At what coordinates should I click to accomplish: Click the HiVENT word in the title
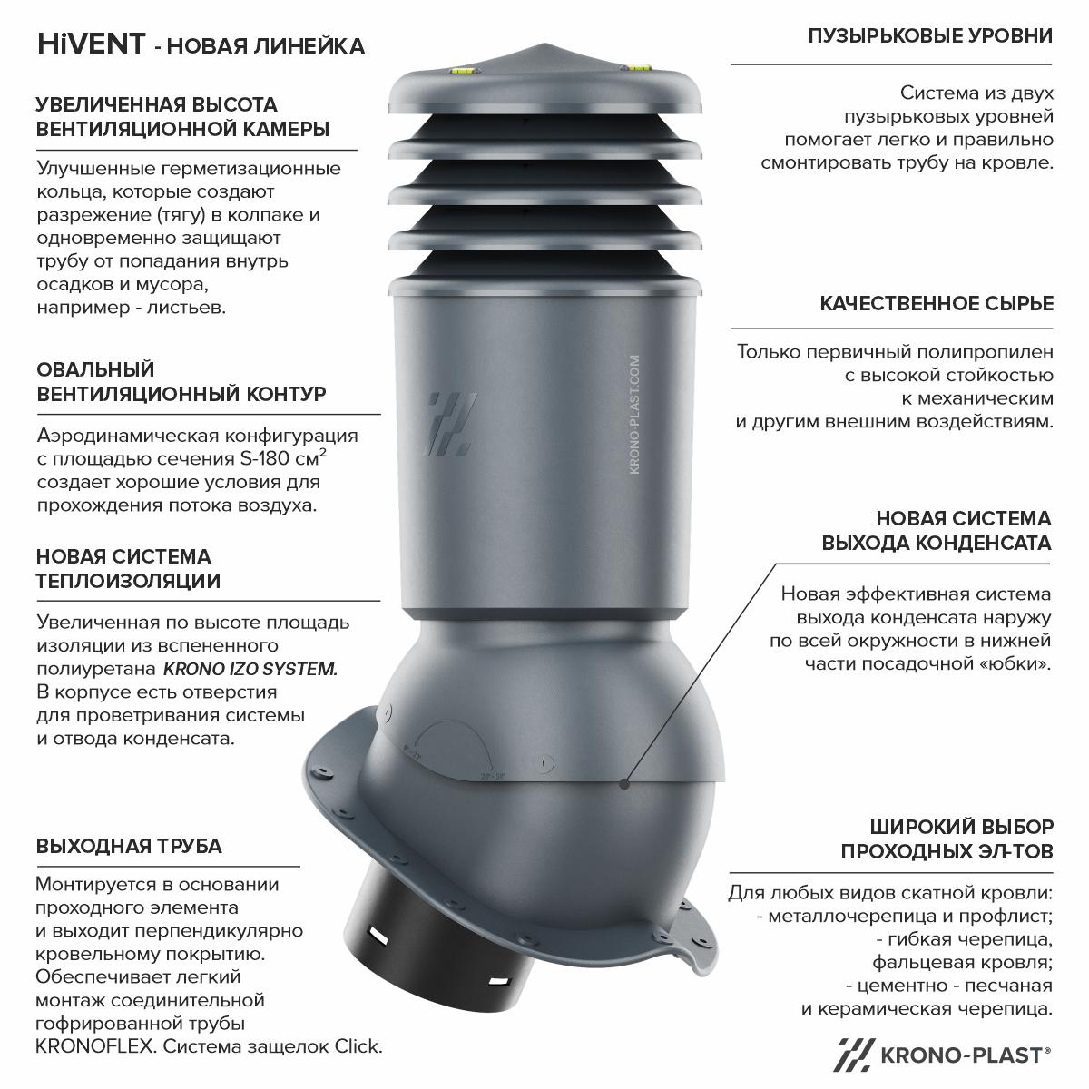click(92, 44)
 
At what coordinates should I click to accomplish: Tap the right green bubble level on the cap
click(635, 69)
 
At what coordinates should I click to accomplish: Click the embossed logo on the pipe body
click(449, 424)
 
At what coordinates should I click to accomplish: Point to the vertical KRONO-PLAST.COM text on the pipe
click(634, 414)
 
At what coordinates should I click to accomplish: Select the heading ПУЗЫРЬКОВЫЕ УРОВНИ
click(930, 36)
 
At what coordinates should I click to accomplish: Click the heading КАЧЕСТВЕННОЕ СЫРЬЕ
click(937, 303)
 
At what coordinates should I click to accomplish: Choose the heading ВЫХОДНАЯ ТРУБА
click(129, 846)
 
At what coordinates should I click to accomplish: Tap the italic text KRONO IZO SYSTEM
click(250, 669)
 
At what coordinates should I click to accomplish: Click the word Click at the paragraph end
click(358, 1046)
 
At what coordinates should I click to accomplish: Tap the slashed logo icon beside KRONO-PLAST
click(854, 1055)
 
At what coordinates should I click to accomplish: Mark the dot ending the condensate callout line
click(623, 784)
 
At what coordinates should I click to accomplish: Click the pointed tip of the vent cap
click(544, 44)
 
